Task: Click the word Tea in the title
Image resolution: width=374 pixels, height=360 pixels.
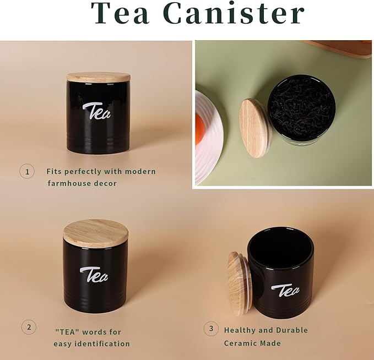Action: [120, 13]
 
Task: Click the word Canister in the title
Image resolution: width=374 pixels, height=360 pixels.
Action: [235, 13]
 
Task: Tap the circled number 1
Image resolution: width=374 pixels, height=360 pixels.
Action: [27, 171]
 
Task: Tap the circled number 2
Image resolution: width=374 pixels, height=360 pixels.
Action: [29, 327]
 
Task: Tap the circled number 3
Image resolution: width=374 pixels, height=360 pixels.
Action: [211, 329]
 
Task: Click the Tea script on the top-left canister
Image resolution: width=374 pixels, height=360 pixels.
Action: [96, 111]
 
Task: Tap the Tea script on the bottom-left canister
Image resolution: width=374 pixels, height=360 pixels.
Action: [94, 275]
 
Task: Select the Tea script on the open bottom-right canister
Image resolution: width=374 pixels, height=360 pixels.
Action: [285, 291]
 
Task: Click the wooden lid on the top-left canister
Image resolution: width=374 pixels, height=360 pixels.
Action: [99, 77]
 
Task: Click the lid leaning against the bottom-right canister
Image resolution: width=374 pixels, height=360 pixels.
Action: [239, 283]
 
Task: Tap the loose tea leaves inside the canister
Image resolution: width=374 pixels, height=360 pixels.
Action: [301, 109]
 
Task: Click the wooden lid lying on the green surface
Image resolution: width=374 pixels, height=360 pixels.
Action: [256, 128]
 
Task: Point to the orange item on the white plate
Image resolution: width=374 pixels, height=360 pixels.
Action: [199, 129]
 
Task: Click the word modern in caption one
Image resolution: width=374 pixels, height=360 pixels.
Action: [140, 171]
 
